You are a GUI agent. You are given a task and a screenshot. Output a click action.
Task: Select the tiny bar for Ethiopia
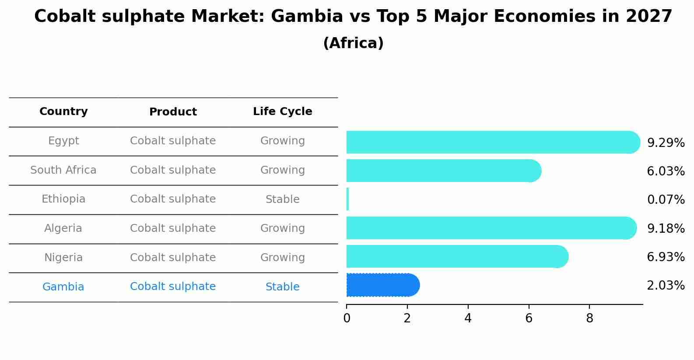(x=347, y=199)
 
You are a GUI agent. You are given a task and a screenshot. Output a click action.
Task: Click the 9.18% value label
(x=666, y=228)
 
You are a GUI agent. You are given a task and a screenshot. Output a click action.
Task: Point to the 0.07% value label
(x=666, y=200)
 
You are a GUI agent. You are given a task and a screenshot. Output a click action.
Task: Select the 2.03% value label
(x=666, y=286)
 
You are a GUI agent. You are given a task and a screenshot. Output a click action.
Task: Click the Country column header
(x=63, y=112)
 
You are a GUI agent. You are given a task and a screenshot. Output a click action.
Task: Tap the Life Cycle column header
(x=282, y=112)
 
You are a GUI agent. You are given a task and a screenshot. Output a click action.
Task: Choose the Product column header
(x=173, y=112)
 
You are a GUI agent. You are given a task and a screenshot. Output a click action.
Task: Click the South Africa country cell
(x=63, y=170)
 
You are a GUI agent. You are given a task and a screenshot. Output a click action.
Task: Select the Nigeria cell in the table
(x=63, y=258)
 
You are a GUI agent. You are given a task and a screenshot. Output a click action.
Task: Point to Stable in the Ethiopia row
(x=282, y=199)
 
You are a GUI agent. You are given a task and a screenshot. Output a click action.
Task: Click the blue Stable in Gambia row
(x=282, y=287)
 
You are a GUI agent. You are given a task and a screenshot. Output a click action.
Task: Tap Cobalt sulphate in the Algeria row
(x=173, y=228)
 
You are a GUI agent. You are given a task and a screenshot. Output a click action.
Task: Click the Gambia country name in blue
(x=63, y=287)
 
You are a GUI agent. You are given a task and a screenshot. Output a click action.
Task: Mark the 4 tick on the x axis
(x=468, y=318)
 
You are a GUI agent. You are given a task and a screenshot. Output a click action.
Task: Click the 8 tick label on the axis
(x=589, y=318)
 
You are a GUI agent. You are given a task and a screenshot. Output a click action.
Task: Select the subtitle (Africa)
(x=353, y=43)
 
